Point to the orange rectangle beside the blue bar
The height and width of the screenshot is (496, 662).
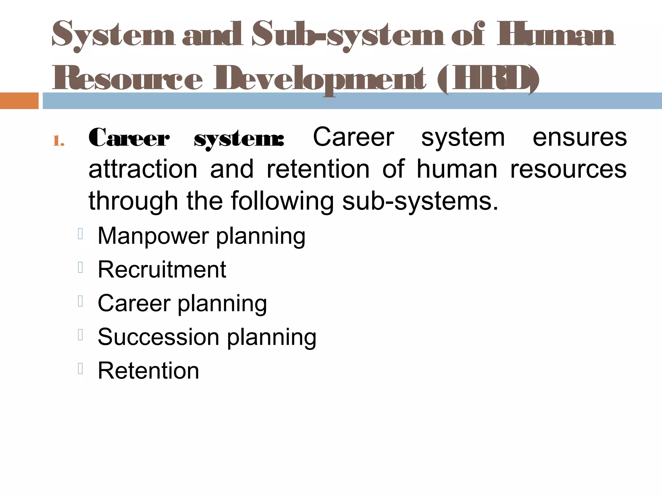coord(19,101)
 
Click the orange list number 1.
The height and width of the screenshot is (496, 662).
coord(59,141)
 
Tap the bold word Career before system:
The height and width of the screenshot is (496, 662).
coord(129,138)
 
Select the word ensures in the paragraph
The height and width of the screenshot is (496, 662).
coord(580,138)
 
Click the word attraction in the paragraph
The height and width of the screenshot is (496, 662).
coord(143,169)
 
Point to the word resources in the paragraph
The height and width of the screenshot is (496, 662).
coord(568,169)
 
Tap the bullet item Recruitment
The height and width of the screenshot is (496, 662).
coord(162,270)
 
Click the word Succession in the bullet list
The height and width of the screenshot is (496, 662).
coord(158,337)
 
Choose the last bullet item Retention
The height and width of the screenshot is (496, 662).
coord(148,370)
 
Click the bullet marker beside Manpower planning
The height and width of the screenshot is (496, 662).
coord(80,234)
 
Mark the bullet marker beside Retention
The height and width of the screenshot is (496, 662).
coord(80,368)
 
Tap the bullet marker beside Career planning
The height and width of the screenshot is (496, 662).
coord(80,301)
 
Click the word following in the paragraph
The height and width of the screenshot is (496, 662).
coord(282,201)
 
